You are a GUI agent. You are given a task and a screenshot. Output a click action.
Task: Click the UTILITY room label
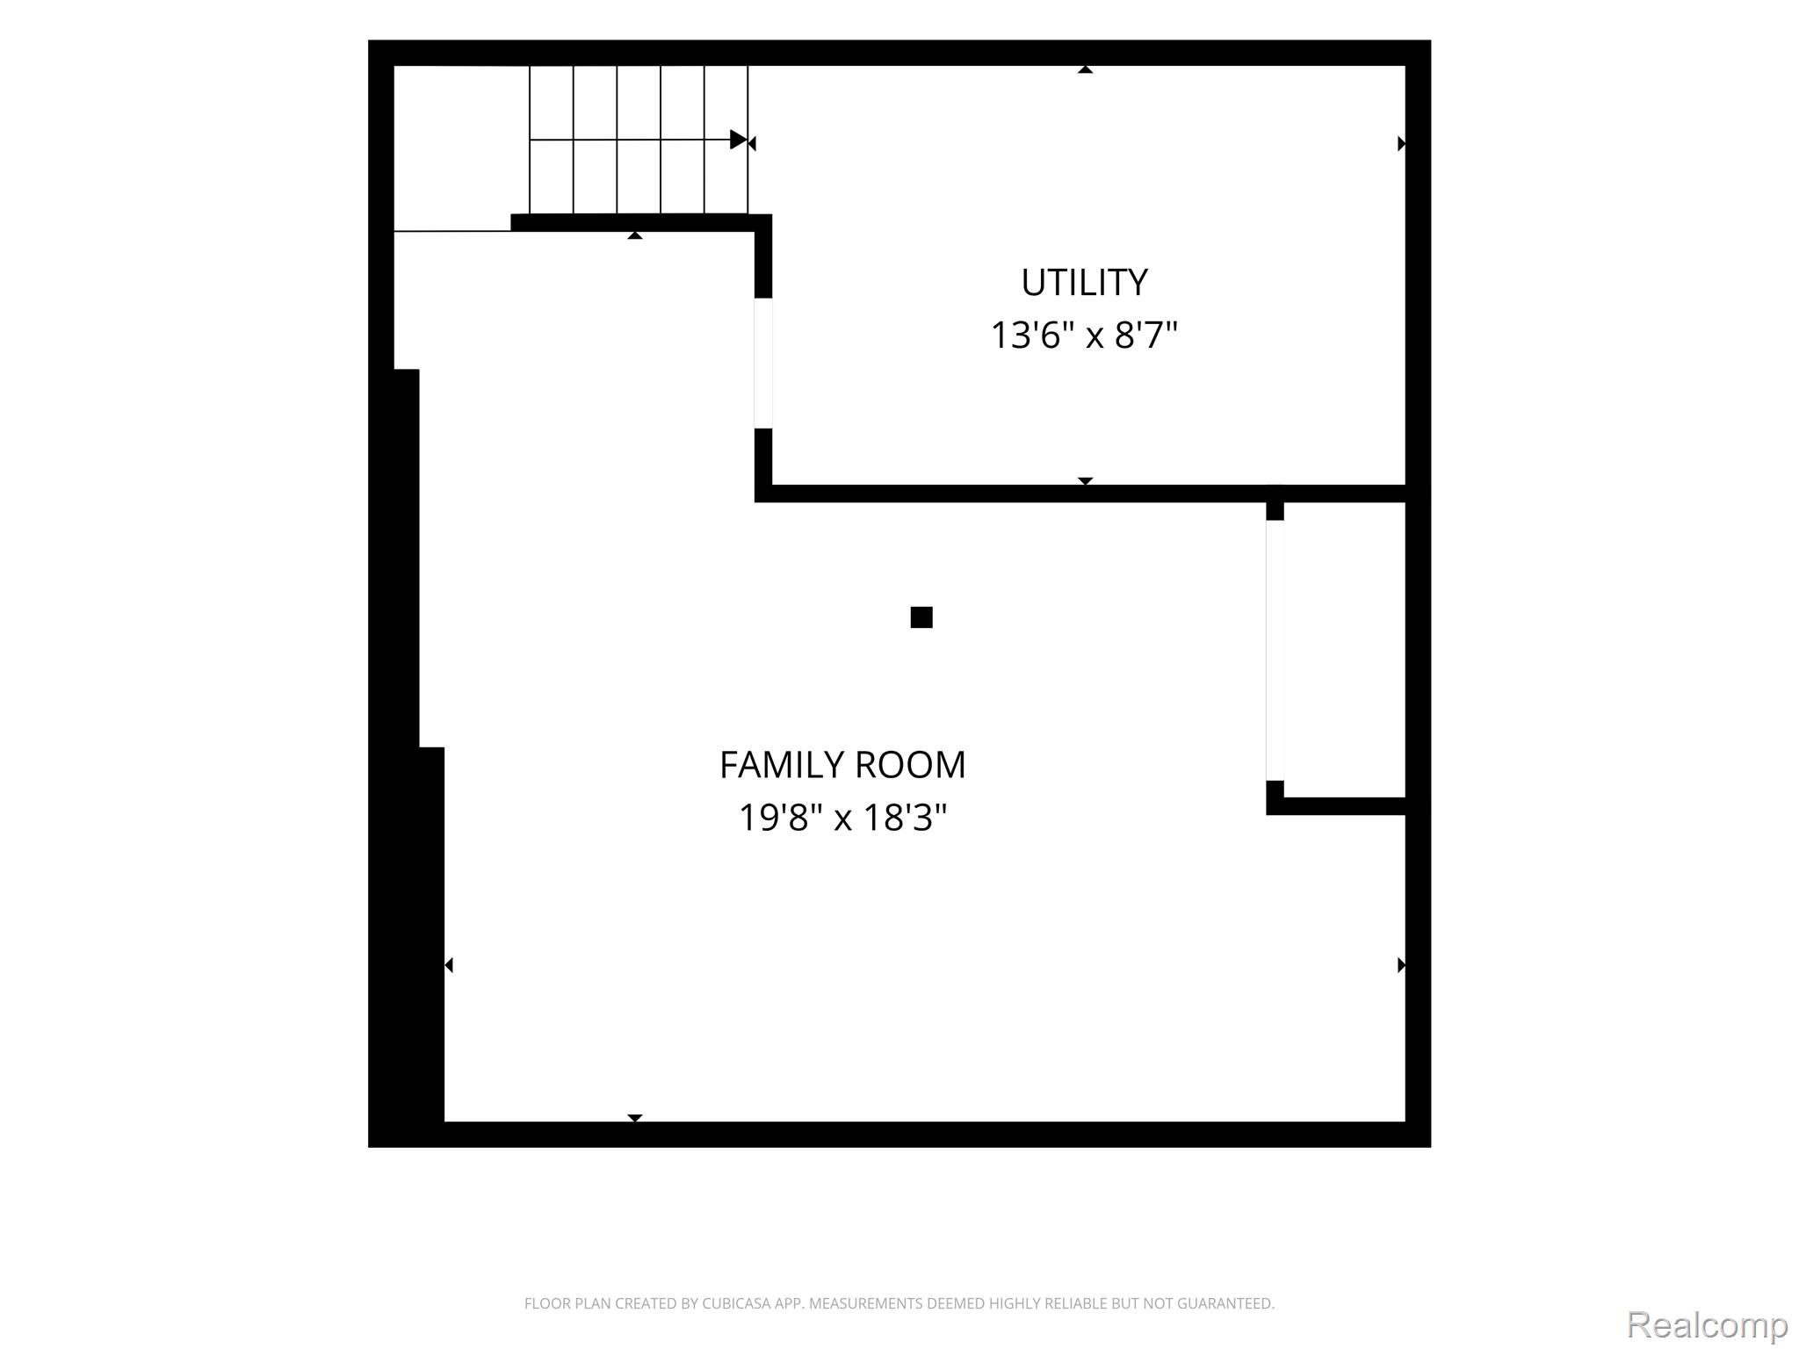coord(1084,283)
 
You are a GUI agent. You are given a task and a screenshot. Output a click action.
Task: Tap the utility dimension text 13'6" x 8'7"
coord(1084,335)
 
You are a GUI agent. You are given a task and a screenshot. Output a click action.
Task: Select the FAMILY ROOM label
coord(842,765)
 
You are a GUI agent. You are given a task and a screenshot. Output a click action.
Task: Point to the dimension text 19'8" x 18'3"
coord(842,819)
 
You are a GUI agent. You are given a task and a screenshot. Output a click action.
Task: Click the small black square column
coord(921,617)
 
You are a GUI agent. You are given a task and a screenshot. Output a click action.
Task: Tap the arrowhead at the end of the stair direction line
coord(739,140)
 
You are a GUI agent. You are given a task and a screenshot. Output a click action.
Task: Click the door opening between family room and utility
coord(763,364)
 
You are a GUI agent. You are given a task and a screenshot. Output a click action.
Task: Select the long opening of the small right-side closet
coord(1275,650)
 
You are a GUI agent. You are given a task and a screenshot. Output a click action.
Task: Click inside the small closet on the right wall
coord(1345,650)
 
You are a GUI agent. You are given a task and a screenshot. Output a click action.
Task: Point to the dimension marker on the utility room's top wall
coord(1086,69)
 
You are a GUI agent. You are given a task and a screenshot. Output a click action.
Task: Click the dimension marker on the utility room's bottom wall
coord(1086,481)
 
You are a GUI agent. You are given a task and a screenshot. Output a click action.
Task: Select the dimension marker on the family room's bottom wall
coord(635,1118)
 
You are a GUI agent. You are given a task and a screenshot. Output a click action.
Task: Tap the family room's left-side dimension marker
coord(449,965)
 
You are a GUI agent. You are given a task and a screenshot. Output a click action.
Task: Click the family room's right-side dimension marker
coord(1401,965)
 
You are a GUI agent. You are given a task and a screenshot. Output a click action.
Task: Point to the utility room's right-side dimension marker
coord(1401,143)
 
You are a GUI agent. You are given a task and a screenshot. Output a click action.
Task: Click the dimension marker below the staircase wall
coord(635,235)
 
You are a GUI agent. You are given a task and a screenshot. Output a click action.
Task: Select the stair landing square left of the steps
coord(461,148)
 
